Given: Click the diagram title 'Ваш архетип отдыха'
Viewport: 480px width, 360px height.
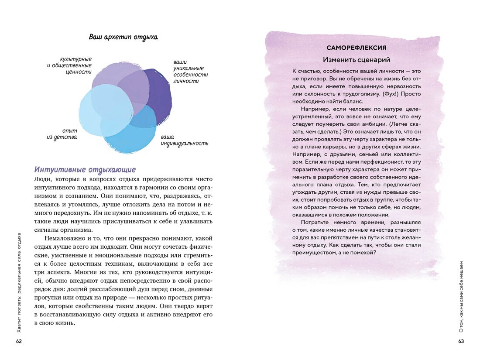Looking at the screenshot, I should coord(123,37).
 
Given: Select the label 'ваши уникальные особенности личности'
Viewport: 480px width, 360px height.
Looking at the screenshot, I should coord(190,72).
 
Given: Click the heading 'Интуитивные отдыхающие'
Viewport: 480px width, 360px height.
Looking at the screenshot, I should coord(85,169).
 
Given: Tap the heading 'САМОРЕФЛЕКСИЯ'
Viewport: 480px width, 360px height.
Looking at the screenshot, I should coord(356,48).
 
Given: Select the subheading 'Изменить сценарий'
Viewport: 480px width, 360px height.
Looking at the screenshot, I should coord(356,60).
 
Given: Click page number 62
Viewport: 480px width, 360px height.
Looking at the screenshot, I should coord(19,341).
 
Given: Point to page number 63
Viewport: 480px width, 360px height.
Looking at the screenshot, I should coord(461,341).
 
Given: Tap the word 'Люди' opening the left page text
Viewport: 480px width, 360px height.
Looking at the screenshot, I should coord(41,179).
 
